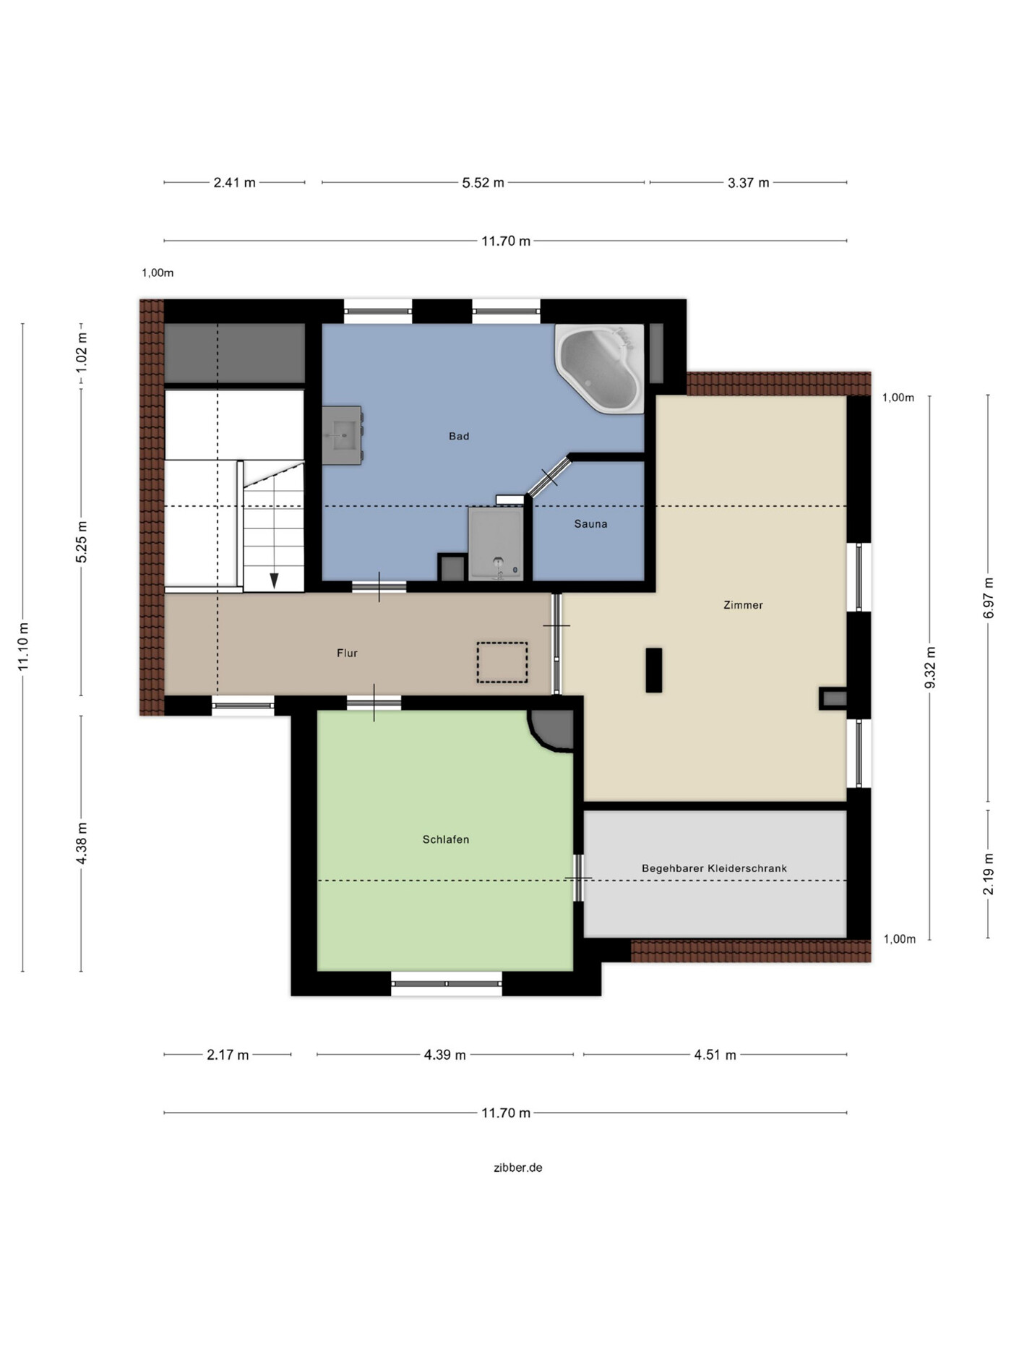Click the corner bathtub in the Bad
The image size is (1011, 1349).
(x=600, y=369)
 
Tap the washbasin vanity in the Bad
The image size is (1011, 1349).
(x=342, y=435)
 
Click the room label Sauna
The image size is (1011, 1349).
(x=590, y=524)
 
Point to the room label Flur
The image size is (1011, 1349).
(x=347, y=654)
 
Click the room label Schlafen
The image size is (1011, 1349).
(x=446, y=840)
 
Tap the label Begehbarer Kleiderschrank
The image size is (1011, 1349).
(x=714, y=869)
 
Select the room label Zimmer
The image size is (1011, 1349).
(x=743, y=605)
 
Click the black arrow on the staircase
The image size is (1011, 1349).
(x=274, y=581)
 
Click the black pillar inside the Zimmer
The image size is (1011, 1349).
(x=654, y=670)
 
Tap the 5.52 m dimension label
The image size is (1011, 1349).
(x=483, y=183)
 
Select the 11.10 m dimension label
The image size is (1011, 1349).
(x=23, y=647)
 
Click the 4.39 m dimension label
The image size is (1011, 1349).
(x=445, y=1055)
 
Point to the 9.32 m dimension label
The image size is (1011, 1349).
(x=930, y=668)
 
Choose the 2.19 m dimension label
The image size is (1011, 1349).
(x=989, y=875)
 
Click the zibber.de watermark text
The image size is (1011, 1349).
(x=518, y=1168)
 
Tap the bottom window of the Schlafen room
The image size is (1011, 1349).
(x=447, y=984)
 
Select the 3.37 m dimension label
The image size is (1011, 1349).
(x=749, y=183)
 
